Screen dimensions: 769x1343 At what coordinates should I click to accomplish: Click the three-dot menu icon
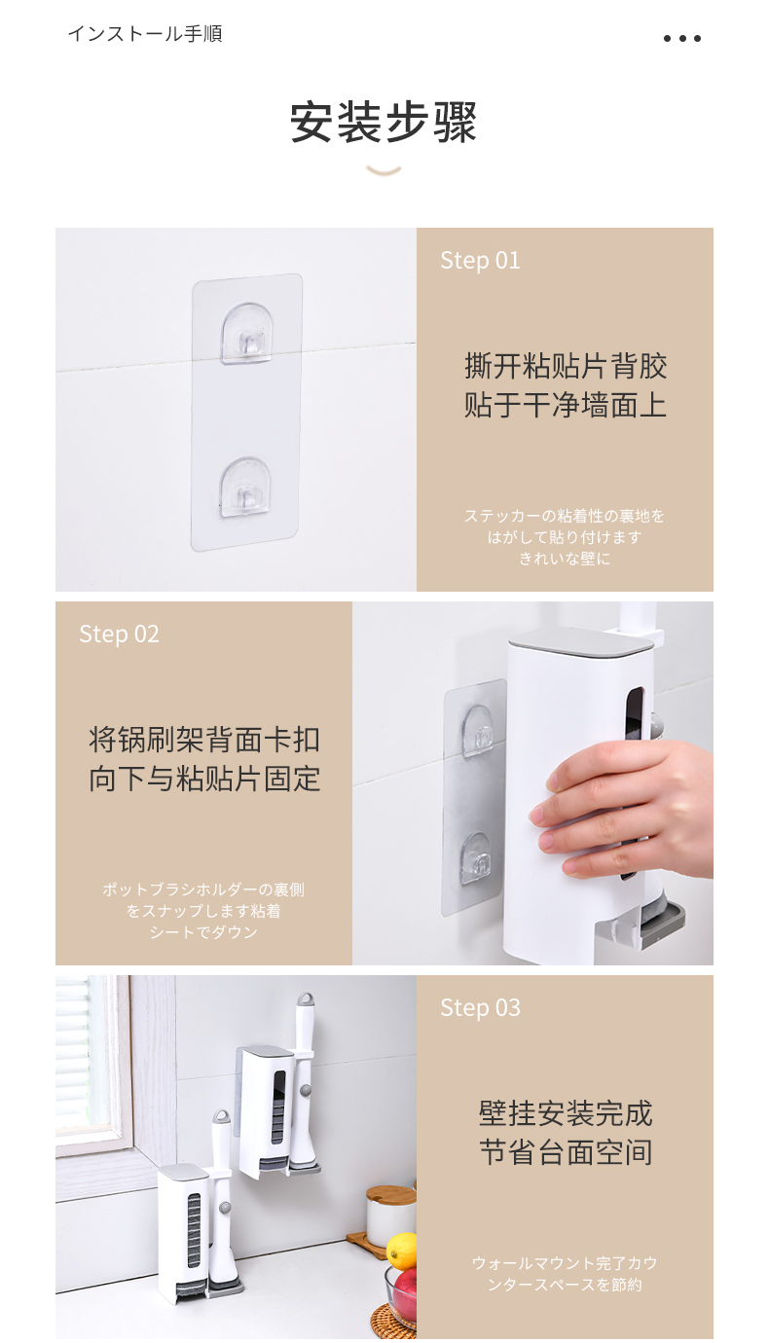682,38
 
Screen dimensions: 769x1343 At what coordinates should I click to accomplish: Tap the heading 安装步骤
384,123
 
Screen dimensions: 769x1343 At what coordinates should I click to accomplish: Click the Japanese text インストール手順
145,33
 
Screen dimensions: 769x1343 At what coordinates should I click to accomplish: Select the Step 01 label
480,261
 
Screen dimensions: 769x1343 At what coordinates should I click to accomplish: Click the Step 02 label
120,635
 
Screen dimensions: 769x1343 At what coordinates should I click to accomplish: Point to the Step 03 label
480,1008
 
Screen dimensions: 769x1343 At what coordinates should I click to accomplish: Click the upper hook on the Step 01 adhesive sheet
246,333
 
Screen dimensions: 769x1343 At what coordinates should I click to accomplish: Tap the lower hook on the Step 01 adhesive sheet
244,487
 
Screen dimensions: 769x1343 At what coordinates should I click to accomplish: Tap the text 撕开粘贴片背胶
566,366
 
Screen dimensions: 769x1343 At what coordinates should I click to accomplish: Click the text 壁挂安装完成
566,1114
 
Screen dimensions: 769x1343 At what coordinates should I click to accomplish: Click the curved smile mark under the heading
384,172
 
